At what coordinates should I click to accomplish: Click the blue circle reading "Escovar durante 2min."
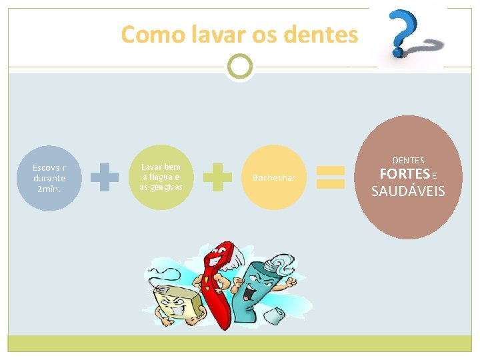point(49,178)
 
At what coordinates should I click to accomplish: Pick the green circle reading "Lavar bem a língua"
point(161,177)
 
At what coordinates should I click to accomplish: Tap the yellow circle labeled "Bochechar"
point(273,177)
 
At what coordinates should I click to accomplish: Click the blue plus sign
point(105,178)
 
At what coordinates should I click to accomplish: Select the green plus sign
point(217,177)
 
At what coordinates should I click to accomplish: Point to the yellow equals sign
point(329,177)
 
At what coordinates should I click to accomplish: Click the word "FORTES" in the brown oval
point(404,175)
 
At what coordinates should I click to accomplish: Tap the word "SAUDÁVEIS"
point(408,192)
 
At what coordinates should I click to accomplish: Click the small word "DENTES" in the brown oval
point(408,160)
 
